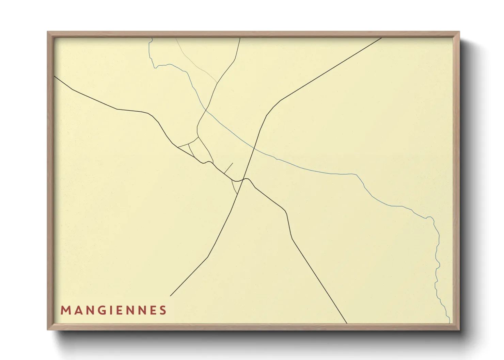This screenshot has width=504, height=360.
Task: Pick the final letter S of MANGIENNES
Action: [x=163, y=310]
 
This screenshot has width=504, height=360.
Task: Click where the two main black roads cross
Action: [x=244, y=179]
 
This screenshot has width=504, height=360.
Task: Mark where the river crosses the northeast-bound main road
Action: [x=254, y=148]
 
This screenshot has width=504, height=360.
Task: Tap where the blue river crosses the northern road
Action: [x=205, y=109]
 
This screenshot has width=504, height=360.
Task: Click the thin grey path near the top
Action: [x=196, y=63]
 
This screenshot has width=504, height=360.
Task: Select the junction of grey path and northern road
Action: [x=217, y=83]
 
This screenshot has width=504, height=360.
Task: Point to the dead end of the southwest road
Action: [x=170, y=296]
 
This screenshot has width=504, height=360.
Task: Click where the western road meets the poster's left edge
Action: [x=54, y=76]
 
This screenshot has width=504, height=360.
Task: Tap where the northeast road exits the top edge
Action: [x=381, y=38]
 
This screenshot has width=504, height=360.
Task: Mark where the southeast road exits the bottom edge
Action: [x=347, y=323]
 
